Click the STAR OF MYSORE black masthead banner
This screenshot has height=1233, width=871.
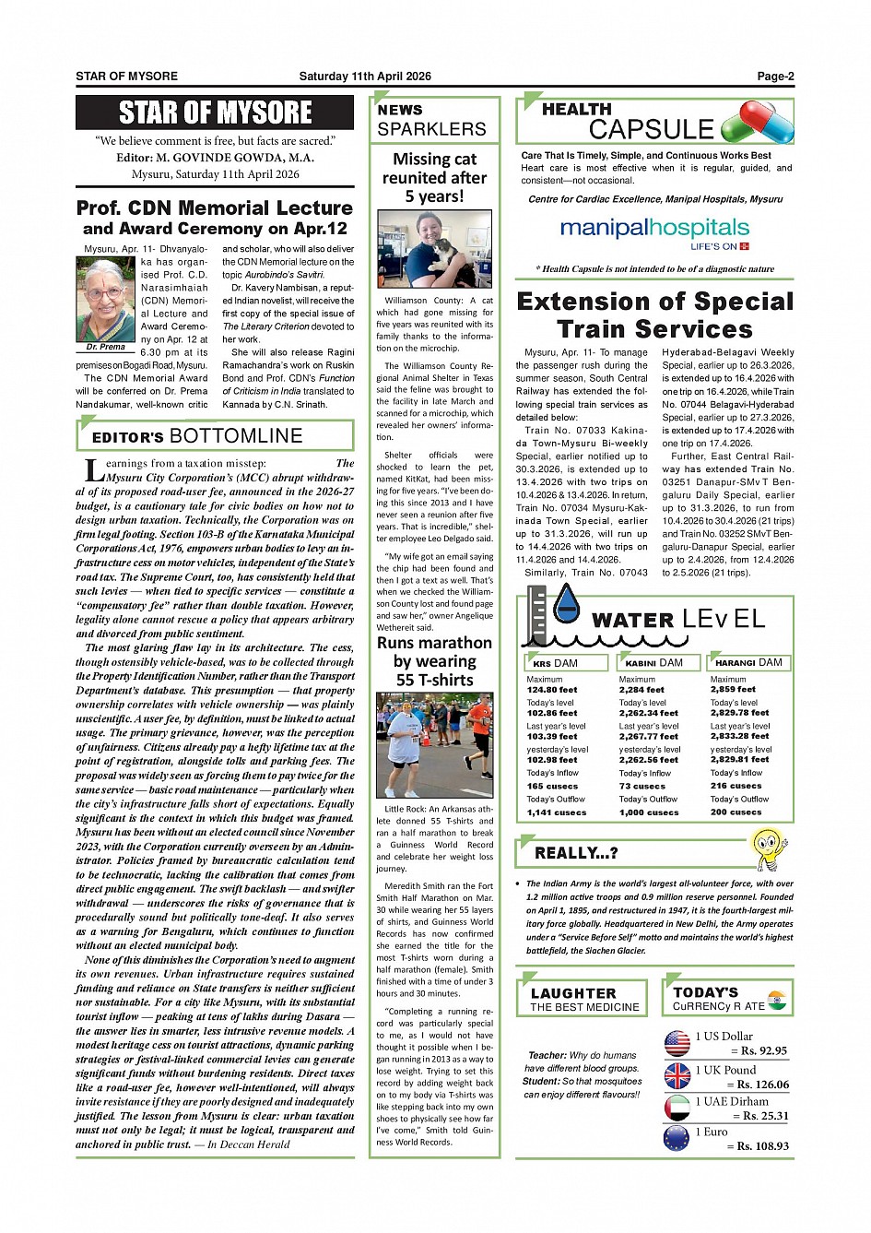(x=215, y=113)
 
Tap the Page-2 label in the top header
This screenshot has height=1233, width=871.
(x=775, y=77)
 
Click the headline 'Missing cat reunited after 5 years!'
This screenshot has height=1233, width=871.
(x=434, y=178)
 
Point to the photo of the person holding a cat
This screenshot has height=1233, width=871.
(x=434, y=249)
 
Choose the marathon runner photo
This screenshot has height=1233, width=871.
(x=434, y=745)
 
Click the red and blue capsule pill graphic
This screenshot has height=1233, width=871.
(x=758, y=123)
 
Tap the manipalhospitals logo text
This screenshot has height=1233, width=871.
(x=654, y=228)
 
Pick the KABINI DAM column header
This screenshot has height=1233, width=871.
(x=653, y=662)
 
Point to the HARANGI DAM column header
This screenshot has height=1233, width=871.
(x=748, y=662)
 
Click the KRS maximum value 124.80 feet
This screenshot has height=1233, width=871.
(x=552, y=690)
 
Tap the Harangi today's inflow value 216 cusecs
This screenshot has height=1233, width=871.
(x=736, y=786)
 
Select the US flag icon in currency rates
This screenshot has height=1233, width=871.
(x=677, y=1043)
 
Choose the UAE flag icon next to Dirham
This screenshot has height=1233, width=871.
(x=677, y=1108)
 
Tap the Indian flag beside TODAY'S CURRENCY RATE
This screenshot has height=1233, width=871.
(x=778, y=1000)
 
